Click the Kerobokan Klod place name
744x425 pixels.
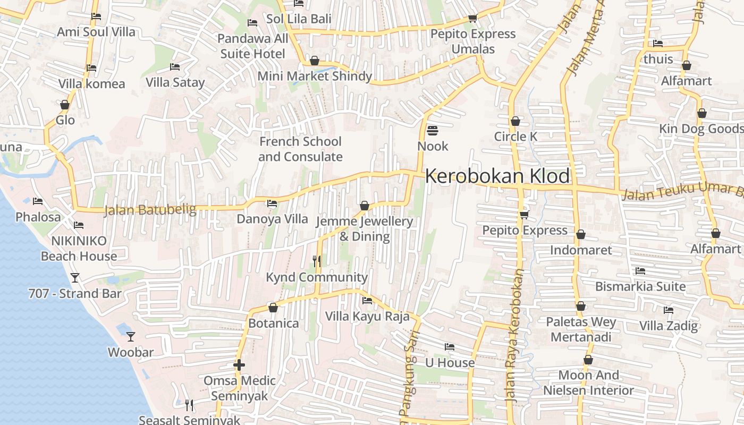click(497, 176)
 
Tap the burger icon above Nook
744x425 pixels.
click(433, 130)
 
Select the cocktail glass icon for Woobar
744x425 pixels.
click(130, 336)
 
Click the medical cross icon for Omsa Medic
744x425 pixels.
click(239, 365)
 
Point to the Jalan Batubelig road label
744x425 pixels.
click(150, 210)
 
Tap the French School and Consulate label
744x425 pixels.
click(300, 149)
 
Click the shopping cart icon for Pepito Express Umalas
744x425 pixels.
click(472, 19)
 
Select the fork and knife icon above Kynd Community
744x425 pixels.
click(316, 261)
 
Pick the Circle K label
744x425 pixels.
click(515, 137)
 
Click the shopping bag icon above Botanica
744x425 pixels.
click(273, 308)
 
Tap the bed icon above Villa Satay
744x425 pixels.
click(175, 66)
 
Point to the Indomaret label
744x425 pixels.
click(581, 250)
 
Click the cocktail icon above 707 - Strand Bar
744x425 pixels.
click(75, 277)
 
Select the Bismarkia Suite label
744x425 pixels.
click(640, 286)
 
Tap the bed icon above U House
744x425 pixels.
click(450, 347)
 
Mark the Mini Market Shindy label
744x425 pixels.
click(315, 76)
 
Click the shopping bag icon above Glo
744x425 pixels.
click(65, 105)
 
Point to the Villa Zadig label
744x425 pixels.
click(668, 326)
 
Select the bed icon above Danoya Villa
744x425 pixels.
click(272, 203)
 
